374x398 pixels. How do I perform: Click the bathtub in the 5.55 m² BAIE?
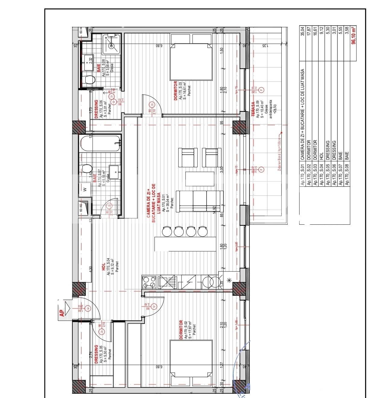pos(100,144)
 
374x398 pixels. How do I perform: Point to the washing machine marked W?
pos(85,190)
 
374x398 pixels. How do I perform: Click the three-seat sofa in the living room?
pos(200,201)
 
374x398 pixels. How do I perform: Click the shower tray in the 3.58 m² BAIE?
pos(112,45)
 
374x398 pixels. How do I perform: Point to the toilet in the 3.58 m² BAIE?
pos(89,80)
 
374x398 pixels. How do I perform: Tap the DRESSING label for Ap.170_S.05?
pos(96,355)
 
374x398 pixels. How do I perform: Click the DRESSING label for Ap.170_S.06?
pos(96,109)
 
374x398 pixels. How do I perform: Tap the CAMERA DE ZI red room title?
pos(153,200)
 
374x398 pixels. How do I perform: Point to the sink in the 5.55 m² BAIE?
pos(114,172)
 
